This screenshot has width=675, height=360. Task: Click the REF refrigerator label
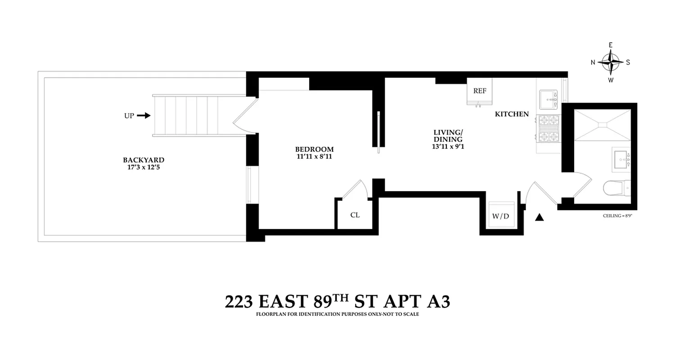pos(480,91)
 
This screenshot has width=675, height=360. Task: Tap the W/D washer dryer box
pos(500,216)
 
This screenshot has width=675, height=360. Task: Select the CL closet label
pos(355,215)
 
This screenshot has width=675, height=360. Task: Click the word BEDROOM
pos(314,149)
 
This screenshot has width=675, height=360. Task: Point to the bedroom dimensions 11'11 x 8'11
pos(314,157)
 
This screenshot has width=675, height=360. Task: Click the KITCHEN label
pos(512,114)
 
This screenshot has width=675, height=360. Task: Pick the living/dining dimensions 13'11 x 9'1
pos(448,146)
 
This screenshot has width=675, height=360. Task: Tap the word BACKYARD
pos(144,160)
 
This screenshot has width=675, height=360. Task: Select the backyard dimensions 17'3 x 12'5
pos(144,167)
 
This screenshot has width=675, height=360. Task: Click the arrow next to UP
pos(144,116)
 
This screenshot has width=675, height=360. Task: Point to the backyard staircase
pos(186,116)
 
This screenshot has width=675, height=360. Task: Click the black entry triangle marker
pos(540,218)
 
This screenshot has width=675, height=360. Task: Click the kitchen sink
pos(549,96)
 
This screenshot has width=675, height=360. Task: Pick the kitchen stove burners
pos(549,129)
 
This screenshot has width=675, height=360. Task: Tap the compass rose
pos(611,62)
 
